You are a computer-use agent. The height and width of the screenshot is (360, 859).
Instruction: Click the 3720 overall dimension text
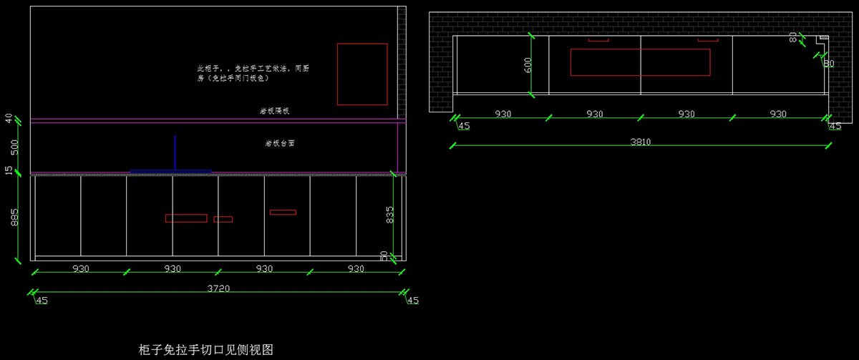tap(218, 288)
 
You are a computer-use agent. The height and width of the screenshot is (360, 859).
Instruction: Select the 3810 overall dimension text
tap(640, 142)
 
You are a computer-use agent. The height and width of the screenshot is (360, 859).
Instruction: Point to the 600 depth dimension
tap(528, 64)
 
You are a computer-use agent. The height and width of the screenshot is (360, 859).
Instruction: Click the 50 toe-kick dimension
tap(384, 255)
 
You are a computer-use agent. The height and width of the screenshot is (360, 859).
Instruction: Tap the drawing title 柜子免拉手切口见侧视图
tap(206, 350)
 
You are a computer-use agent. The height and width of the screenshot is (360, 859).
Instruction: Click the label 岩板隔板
tap(274, 111)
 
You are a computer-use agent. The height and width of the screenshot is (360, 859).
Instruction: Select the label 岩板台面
tap(280, 143)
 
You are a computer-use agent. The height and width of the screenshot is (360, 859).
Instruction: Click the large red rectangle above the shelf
tap(362, 74)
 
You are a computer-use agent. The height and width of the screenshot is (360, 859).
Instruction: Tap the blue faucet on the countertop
tap(175, 154)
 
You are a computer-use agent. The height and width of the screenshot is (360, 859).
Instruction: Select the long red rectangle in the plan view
tap(640, 62)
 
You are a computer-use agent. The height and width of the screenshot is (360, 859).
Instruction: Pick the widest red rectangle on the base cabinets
tap(186, 218)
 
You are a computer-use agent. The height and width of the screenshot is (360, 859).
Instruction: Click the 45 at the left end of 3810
tap(464, 126)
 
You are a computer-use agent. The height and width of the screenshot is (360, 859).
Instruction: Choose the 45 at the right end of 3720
tap(412, 301)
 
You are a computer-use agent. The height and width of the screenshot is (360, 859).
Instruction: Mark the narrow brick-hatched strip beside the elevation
tap(402, 64)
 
